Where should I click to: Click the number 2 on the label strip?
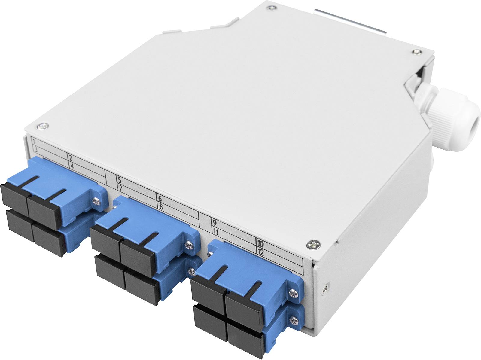click(x=70, y=158)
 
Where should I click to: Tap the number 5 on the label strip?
click(x=119, y=181)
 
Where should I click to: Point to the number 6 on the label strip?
click(x=160, y=198)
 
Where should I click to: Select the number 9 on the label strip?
click(x=215, y=223)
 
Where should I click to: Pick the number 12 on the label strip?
click(x=260, y=252)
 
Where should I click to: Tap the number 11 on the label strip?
click(x=215, y=232)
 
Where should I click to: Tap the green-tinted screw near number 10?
click(x=312, y=245)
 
